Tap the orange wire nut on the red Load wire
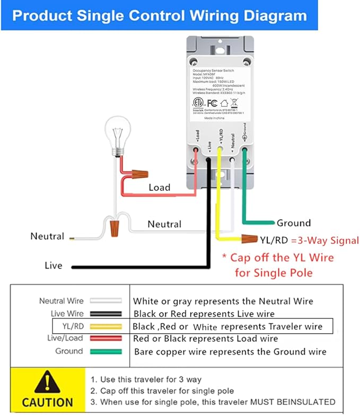139,174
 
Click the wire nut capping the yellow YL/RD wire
248,239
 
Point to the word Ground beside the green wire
293,223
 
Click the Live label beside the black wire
53,266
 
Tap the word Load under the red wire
159,187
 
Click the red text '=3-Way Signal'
324,240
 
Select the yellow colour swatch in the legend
106,326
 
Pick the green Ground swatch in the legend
106,351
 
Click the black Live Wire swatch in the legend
106,314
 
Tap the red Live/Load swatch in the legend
106,339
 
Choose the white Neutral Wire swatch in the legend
106,301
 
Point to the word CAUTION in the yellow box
48,402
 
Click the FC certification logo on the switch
213,103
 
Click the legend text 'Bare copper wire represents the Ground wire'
230,351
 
